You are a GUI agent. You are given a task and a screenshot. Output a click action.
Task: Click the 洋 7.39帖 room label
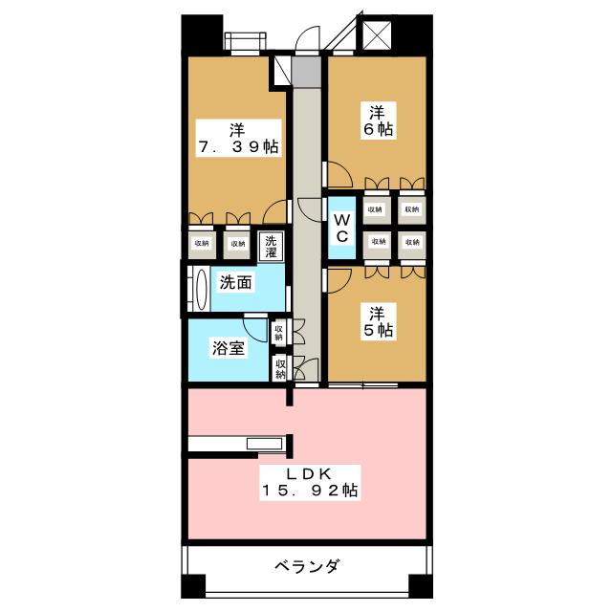point(237,139)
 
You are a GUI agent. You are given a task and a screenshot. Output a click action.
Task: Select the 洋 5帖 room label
point(379,320)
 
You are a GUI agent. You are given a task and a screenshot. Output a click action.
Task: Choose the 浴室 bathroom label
point(229,348)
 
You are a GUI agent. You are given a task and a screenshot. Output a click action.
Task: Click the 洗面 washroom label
point(235,283)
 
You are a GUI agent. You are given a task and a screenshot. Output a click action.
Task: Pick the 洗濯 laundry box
point(271,246)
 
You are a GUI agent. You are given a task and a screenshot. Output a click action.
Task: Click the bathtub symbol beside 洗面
point(200,288)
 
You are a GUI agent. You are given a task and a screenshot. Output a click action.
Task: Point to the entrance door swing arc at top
point(308,41)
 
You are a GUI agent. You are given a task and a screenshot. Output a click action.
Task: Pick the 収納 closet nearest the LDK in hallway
point(280,368)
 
